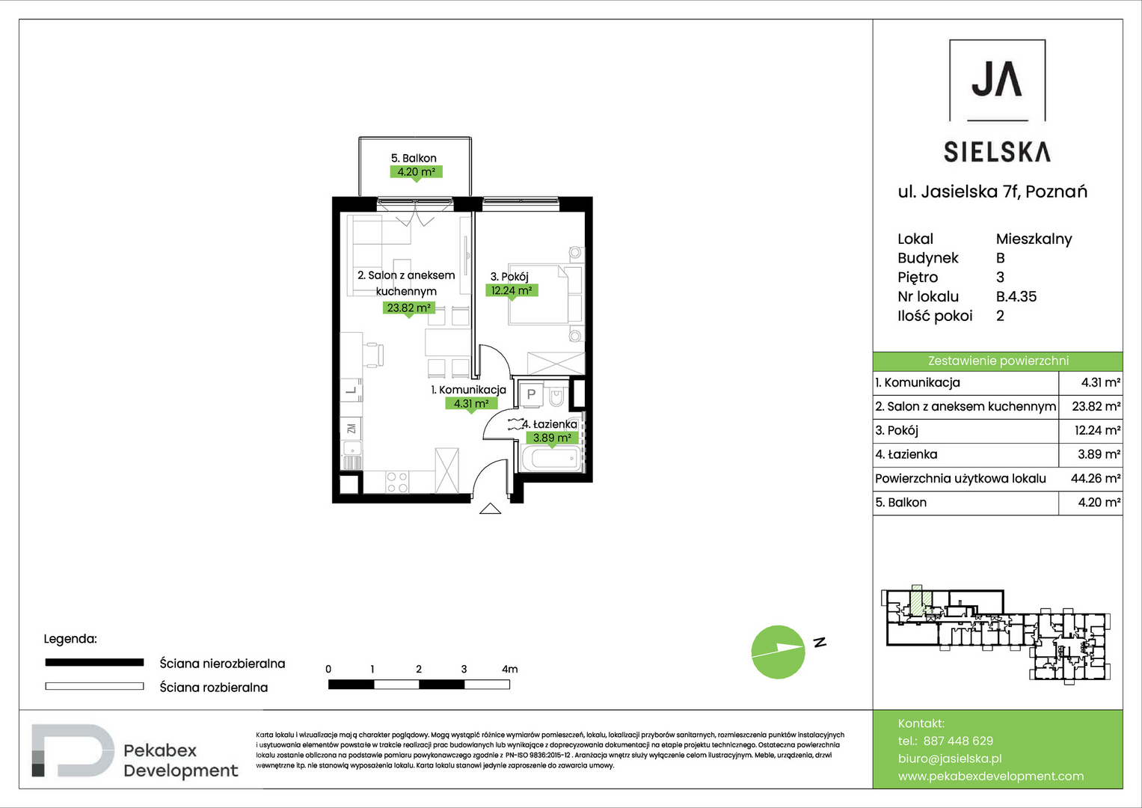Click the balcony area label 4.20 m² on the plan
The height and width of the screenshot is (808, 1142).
[416, 172]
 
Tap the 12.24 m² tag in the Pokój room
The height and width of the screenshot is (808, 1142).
[512, 291]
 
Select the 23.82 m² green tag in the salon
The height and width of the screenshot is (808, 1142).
[408, 307]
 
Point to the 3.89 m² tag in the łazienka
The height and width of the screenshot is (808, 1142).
[552, 438]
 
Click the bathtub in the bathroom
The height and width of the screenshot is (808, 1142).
[552, 459]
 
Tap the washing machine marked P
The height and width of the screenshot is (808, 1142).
[531, 394]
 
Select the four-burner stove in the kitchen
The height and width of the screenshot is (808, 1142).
[396, 482]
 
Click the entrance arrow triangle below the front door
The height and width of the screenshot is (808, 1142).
[490, 509]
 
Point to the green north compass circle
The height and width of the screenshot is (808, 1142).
[778, 652]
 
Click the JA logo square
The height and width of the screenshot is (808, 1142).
[997, 81]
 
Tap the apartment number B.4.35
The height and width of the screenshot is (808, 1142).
[1016, 296]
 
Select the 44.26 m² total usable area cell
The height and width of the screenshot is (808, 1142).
[1095, 479]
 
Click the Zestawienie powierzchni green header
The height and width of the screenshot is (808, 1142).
[998, 361]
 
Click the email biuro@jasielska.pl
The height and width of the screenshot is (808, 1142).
[950, 759]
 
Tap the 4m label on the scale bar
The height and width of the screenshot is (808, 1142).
[509, 669]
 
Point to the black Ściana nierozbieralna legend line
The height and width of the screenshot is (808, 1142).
[94, 663]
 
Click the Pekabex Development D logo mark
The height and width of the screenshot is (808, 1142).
[73, 750]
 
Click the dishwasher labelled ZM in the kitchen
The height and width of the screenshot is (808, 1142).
[351, 429]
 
